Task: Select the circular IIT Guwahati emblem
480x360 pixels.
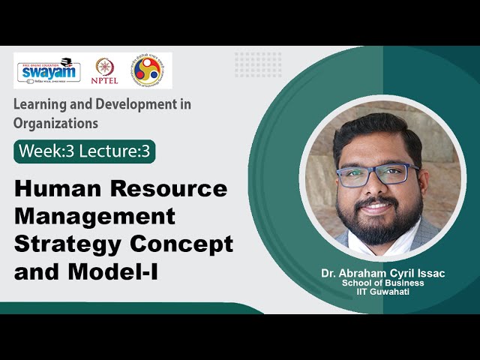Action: (147, 70)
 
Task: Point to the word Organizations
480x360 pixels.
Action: (55, 122)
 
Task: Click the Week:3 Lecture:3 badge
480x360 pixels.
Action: (84, 151)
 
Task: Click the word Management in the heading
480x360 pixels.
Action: (94, 216)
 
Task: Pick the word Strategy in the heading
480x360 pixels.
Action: (64, 244)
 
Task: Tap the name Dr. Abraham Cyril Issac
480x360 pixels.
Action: (382, 274)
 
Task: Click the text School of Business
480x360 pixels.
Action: (382, 283)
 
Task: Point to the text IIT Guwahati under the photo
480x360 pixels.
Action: (382, 292)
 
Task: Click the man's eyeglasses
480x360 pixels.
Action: (377, 175)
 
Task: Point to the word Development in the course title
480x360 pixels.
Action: (134, 105)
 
